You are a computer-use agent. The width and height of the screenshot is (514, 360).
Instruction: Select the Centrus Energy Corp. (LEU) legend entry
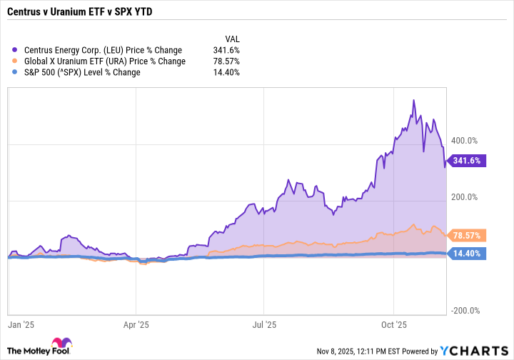click(103, 50)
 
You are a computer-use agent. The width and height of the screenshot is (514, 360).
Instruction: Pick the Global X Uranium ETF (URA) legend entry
click(104, 61)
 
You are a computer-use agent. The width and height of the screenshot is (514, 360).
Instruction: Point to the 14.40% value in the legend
click(226, 72)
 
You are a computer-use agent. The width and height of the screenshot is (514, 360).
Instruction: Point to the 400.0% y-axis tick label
click(470, 141)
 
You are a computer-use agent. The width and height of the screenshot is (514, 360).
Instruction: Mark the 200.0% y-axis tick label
click(470, 197)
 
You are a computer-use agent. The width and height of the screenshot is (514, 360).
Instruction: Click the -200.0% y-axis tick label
click(469, 311)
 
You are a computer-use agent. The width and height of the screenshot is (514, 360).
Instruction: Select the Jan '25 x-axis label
click(21, 324)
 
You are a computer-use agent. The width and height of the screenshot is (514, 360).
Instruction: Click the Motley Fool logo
click(39, 346)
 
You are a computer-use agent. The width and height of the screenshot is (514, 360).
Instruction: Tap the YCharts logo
click(473, 350)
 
